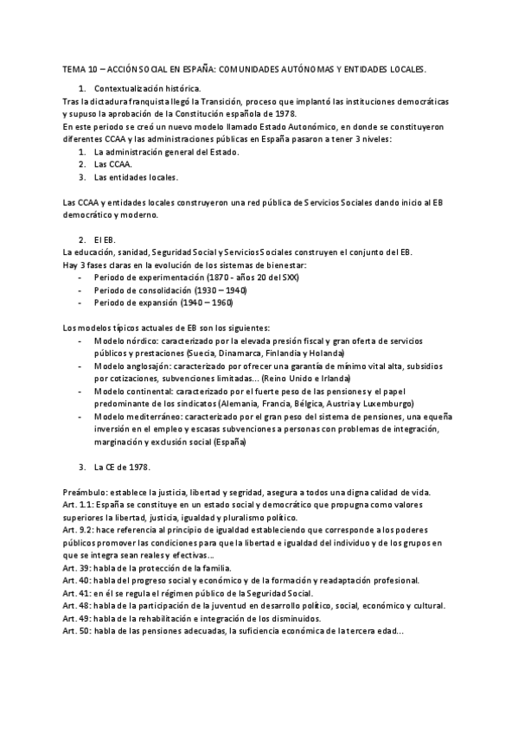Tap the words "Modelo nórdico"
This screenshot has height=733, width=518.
coord(125,341)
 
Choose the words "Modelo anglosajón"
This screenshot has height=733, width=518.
coord(131,366)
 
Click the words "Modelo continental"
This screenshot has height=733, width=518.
coord(133,392)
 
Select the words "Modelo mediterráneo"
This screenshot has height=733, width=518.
coord(137,417)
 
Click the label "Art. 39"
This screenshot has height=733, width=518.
coord(78,568)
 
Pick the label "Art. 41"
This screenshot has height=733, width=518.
coord(78,593)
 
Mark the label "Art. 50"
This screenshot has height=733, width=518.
coord(78,631)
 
